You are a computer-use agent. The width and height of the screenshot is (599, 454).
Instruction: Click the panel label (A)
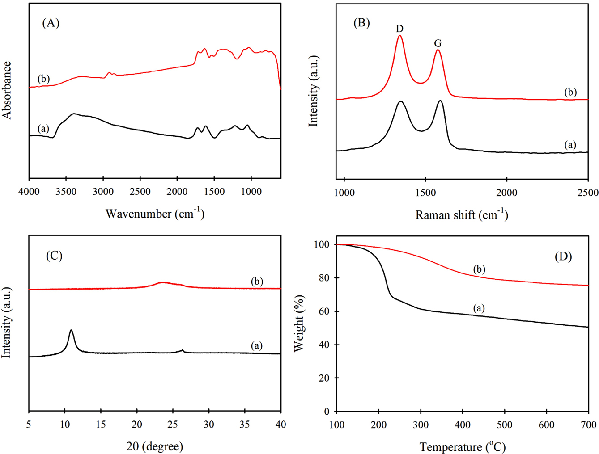pos(51,23)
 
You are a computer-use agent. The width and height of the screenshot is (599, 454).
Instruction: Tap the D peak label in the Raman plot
pos(399,29)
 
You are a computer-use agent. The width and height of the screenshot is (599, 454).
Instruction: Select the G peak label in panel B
pos(438,43)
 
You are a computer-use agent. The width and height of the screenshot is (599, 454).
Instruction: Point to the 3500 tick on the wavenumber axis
pos(66,192)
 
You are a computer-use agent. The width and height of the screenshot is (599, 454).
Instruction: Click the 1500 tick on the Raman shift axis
pos(425,193)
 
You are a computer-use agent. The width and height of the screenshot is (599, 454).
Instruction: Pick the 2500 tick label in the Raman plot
pos(587,193)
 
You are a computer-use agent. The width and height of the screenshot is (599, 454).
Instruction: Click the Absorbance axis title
pos(7,90)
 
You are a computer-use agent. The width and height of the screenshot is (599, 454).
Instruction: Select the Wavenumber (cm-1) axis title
pos(155,214)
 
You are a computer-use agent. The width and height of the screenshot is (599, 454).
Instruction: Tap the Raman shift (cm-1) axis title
pos(462,214)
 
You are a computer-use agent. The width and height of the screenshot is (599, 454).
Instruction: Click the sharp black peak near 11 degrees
pos(71,331)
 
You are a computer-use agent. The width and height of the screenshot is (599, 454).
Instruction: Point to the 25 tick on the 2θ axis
pos(173,425)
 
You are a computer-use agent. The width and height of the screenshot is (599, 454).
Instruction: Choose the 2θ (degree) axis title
pos(155,446)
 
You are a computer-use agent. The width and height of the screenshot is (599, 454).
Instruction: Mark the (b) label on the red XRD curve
pos(257,282)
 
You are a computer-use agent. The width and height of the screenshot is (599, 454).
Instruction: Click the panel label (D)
pos(563,256)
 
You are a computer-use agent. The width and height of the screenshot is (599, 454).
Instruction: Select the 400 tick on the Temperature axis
pos(463,425)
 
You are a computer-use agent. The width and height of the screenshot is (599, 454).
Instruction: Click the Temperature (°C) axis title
pos(463,447)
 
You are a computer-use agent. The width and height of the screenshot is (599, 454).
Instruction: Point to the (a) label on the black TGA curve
pos(479,308)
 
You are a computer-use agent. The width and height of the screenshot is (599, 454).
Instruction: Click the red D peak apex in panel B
pos(400,36)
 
